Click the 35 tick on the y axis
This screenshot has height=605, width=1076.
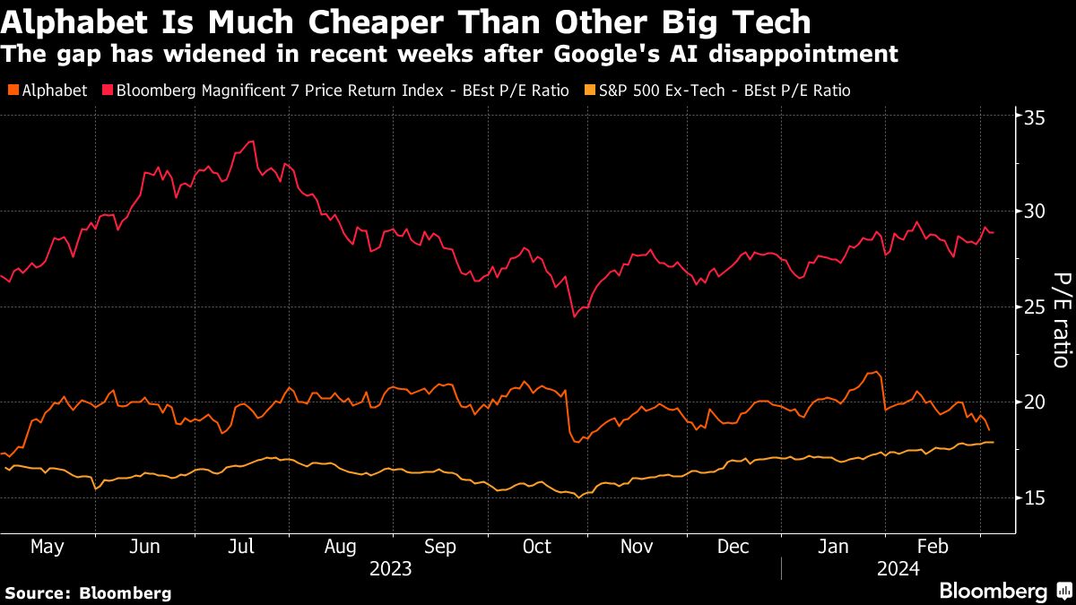(1036, 117)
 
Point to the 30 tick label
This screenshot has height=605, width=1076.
(1036, 212)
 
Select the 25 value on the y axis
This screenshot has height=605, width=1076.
(1036, 307)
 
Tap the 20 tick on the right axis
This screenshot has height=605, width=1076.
(1036, 402)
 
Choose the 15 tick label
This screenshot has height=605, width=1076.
(1036, 497)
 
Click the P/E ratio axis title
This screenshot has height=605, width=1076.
(1060, 320)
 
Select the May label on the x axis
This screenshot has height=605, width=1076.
(47, 547)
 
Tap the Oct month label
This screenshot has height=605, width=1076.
(536, 547)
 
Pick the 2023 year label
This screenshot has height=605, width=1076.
(390, 568)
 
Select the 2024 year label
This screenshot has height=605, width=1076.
(898, 568)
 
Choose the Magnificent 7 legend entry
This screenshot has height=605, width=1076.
(336, 91)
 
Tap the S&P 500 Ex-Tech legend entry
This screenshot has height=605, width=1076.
(717, 91)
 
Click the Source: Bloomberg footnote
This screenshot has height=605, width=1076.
(88, 592)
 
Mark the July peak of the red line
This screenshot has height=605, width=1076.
(253, 141)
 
